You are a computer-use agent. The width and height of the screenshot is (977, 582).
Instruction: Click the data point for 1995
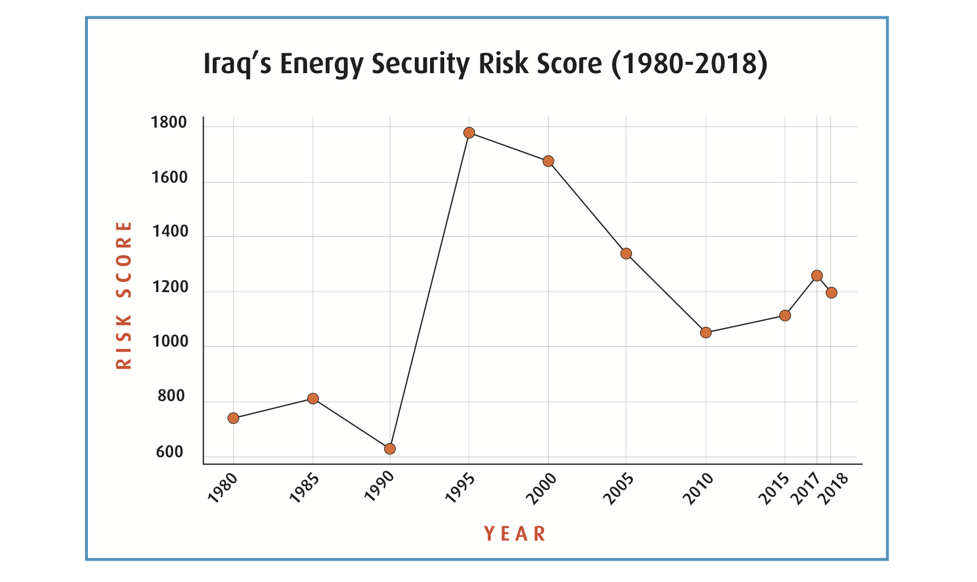(x=469, y=133)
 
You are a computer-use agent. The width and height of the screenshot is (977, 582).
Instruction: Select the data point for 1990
(x=390, y=449)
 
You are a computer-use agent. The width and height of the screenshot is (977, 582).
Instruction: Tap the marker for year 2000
(x=548, y=161)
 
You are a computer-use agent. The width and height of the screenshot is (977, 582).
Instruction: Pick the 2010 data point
(x=706, y=332)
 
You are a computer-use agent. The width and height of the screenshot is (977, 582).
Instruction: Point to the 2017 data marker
(x=817, y=276)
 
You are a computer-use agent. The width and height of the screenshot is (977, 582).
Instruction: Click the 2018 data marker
(x=832, y=293)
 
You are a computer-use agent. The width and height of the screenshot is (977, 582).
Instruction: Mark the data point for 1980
(x=233, y=418)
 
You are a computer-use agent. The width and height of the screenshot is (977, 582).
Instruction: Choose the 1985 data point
(x=313, y=398)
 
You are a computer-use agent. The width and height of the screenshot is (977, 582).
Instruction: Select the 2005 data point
(x=626, y=254)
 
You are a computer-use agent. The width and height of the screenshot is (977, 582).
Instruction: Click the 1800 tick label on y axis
(x=169, y=123)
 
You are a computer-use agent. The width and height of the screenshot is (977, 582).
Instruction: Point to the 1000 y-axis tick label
(x=170, y=341)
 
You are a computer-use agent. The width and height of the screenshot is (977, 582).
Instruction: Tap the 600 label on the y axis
(x=170, y=452)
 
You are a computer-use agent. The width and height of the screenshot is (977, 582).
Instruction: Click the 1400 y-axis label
(x=170, y=231)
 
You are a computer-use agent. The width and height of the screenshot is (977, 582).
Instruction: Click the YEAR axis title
(x=515, y=534)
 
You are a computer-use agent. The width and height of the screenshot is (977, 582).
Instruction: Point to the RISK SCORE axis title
(x=124, y=295)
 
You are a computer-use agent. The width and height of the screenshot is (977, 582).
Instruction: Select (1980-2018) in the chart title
(x=689, y=64)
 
